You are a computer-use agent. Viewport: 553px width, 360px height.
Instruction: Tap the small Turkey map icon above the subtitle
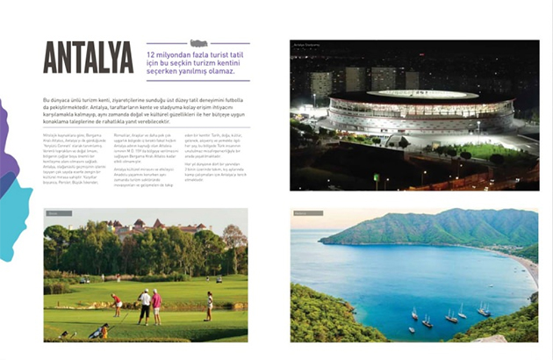tap(198, 43)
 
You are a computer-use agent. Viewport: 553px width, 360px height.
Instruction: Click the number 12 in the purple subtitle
tap(152, 55)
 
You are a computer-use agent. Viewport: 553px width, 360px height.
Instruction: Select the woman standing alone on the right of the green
tap(209, 306)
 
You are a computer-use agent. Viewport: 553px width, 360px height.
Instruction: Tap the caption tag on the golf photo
tap(54, 213)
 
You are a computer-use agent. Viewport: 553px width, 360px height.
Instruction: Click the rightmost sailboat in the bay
tap(484, 309)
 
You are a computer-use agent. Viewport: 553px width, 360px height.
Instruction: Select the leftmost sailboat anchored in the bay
tap(413, 314)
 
